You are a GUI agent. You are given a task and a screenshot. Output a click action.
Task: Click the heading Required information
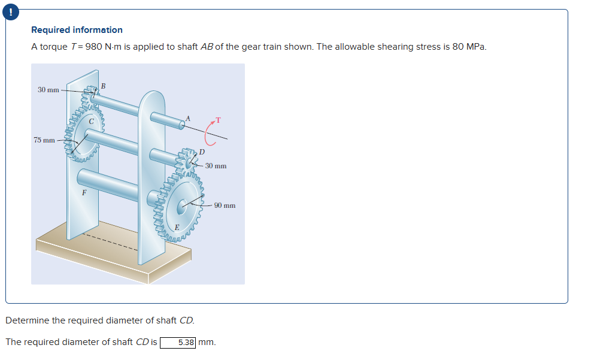[77, 30]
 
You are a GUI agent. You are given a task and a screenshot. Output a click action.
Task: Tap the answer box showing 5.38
[178, 343]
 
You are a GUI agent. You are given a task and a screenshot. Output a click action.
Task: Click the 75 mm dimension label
[44, 140]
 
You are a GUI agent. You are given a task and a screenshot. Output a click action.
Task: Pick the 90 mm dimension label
[225, 205]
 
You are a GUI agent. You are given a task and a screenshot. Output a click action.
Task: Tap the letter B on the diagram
[103, 86]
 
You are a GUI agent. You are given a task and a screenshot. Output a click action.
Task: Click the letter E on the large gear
[177, 226]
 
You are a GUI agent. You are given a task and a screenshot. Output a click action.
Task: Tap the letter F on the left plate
[84, 193]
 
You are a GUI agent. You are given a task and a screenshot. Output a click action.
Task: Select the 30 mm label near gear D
[216, 165]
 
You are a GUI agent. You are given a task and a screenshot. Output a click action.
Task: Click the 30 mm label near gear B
[48, 90]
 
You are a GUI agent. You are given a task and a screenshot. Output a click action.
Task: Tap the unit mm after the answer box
[206, 343]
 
